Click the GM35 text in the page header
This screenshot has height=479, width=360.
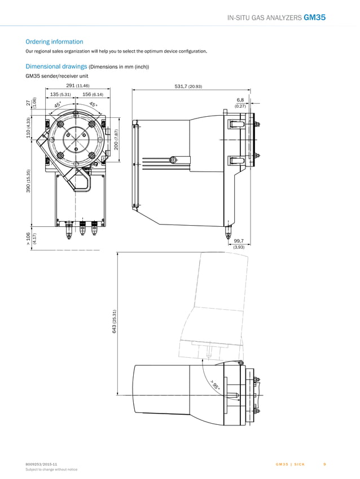pos(314,17)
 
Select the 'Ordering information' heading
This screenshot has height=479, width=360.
pos(54,42)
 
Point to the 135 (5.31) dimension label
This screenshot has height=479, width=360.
pos(60,94)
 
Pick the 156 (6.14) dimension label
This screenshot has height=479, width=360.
pos(93,94)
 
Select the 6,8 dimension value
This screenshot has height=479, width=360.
pos(240,99)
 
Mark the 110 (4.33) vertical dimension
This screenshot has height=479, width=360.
pos(27,129)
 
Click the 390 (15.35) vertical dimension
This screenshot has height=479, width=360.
pos(27,181)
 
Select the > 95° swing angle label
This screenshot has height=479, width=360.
pos(215,385)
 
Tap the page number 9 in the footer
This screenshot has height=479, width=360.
pos(324,464)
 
